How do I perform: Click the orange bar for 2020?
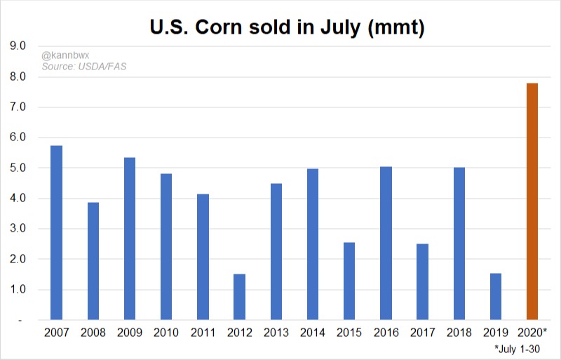point(532,201)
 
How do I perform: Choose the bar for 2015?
point(349,281)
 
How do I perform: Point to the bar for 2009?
point(130,239)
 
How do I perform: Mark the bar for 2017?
point(422,282)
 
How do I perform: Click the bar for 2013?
point(276,252)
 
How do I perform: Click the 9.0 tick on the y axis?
point(17,46)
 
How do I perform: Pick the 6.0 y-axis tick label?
point(17,138)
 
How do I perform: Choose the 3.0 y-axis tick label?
point(17,229)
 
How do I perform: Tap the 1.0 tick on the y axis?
point(17,290)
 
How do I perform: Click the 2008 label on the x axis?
point(93,332)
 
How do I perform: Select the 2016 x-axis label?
point(386,332)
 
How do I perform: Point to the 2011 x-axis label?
point(203,332)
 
